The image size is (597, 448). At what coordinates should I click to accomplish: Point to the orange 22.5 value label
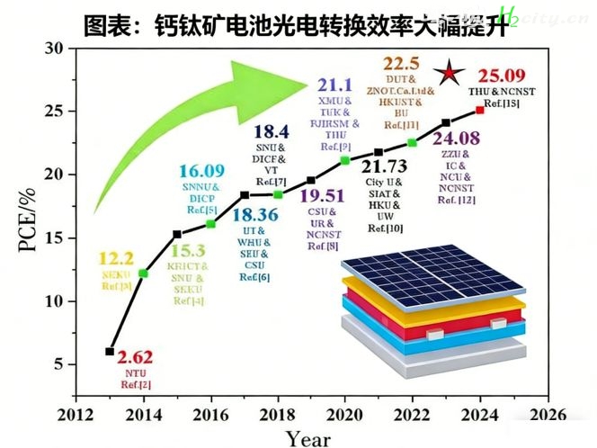pos(401,63)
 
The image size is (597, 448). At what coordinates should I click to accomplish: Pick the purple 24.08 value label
pos(457,139)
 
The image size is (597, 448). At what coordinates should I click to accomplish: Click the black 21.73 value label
pos(384,165)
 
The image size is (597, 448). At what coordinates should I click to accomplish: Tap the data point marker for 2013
pos(110,351)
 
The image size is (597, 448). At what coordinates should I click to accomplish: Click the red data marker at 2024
pos(480,111)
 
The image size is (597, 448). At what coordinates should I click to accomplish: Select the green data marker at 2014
pos(144,273)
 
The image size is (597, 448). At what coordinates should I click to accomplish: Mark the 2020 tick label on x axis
pos(344,415)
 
